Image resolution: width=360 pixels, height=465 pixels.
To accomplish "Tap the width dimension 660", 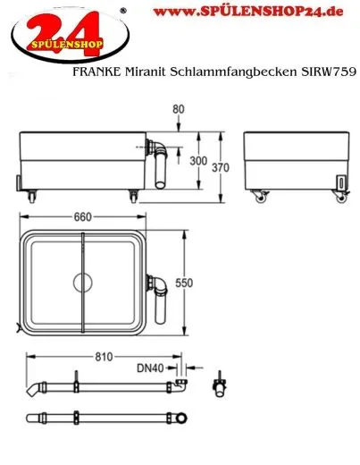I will point(82,218).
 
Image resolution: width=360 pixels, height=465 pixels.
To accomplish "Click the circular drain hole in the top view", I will point(82,283).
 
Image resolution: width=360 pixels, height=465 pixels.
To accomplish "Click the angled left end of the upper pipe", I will point(35,390).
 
